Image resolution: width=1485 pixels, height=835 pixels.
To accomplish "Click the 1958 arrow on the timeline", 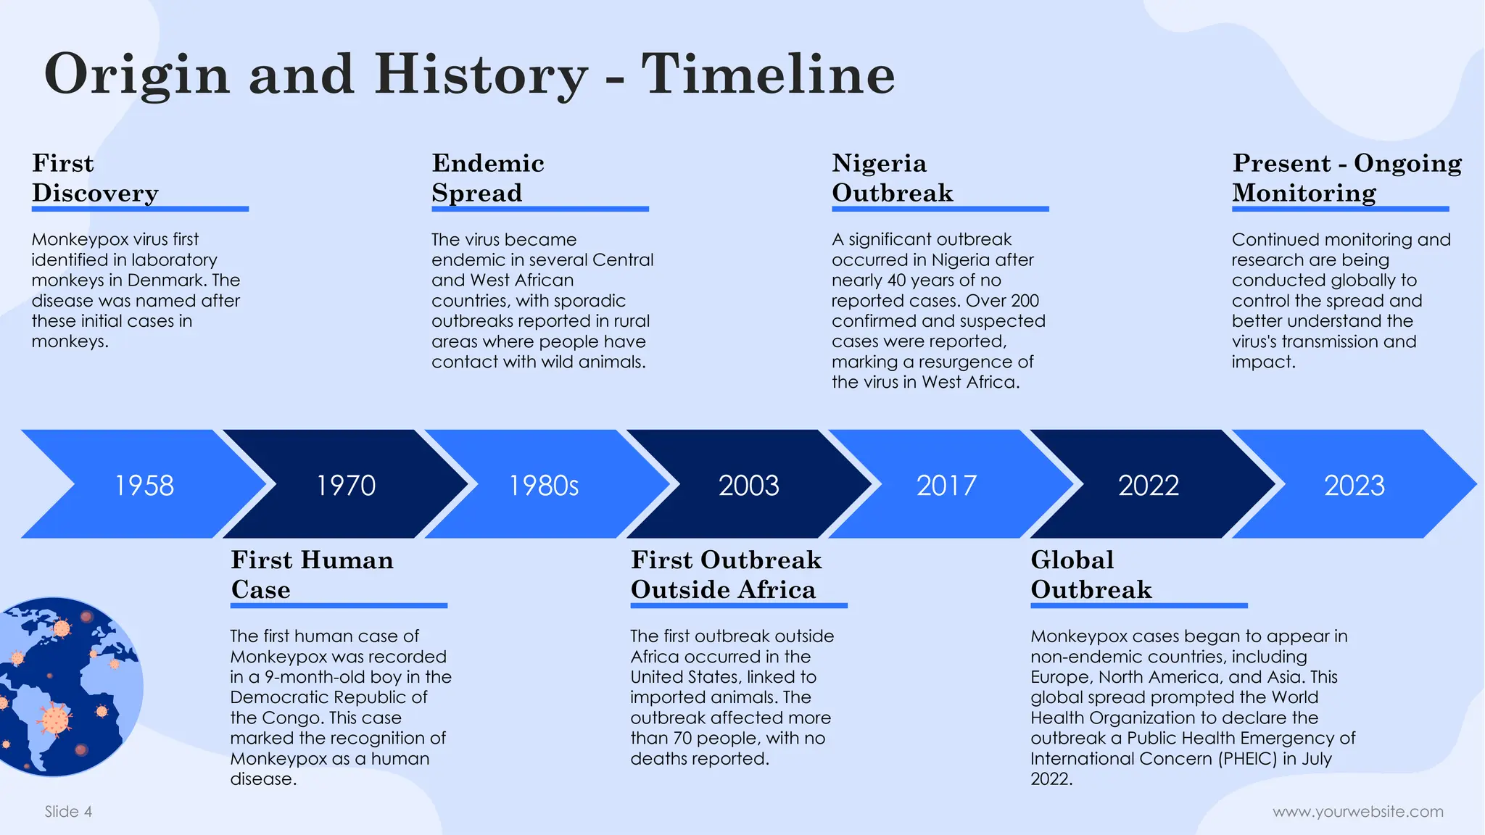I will pos(144,485).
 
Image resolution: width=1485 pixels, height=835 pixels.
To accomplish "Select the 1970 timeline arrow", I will pos(346,485).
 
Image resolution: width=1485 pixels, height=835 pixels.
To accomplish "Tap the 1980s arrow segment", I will pos(544,485).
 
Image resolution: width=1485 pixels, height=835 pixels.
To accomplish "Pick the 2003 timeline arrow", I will pos(748,485).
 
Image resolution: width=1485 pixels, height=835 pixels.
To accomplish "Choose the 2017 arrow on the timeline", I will pos(946,485).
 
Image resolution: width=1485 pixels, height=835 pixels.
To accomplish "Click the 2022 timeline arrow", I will pos(1148,485).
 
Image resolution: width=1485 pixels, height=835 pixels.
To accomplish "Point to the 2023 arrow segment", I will pos(1354,485).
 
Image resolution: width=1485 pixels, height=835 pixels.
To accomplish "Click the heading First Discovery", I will pos(94,178).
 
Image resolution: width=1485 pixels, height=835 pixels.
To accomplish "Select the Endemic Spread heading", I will pos(487,178).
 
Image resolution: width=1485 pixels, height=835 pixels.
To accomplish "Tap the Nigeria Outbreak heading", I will pos(892,178).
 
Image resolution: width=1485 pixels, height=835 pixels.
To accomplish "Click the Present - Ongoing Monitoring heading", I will pos(1347,178).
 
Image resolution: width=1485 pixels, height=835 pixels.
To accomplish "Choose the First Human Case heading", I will pos(312,575).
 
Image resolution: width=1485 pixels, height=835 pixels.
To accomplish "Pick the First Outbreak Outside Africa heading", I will pos(726,575).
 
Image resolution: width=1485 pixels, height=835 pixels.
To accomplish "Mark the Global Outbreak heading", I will pos(1091,575).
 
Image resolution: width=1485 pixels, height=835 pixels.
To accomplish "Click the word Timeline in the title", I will pos(768,75).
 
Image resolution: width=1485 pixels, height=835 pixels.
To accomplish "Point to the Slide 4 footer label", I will pos(68,812).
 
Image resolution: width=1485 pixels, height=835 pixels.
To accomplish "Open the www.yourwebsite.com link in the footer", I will pos(1357,812).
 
